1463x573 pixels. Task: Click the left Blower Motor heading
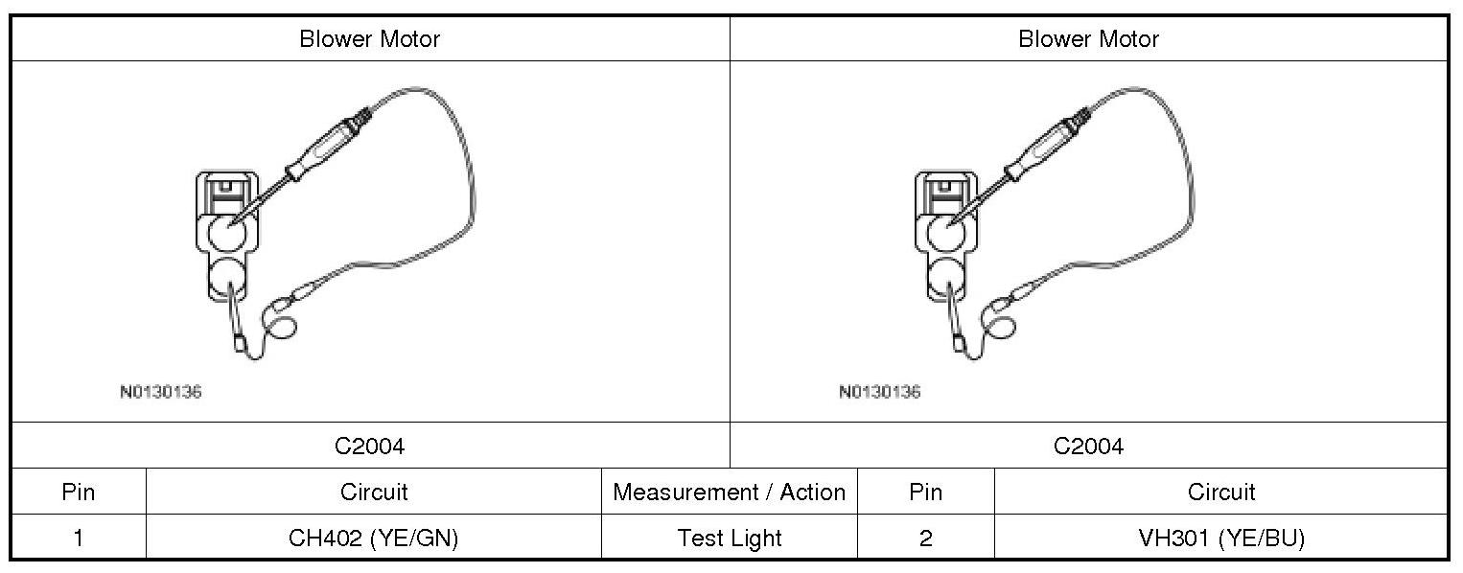[370, 39]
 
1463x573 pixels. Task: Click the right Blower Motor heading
[1088, 39]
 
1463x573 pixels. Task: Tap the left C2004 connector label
[370, 447]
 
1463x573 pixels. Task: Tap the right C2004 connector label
[1088, 447]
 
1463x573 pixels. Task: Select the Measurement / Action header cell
[729, 493]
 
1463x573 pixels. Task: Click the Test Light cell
[729, 539]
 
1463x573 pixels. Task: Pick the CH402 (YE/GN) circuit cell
[374, 539]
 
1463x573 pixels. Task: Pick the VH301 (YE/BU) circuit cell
[1221, 539]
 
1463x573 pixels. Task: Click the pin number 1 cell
[79, 539]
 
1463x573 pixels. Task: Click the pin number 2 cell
[925, 539]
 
